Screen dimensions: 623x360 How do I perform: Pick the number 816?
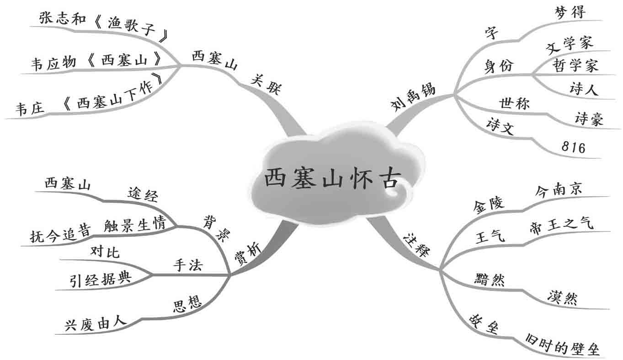[573, 147]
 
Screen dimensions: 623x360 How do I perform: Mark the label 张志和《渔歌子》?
[103, 21]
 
